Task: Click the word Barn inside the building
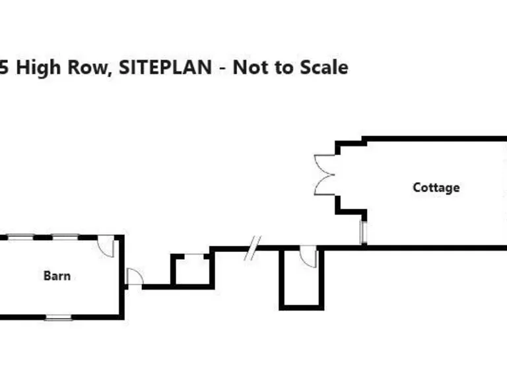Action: click(57, 276)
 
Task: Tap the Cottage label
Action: click(436, 187)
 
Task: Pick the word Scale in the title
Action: click(323, 67)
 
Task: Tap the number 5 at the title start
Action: click(5, 67)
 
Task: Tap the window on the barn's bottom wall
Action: click(58, 318)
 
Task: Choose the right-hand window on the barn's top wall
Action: click(66, 236)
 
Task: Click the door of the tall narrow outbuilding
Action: click(308, 256)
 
